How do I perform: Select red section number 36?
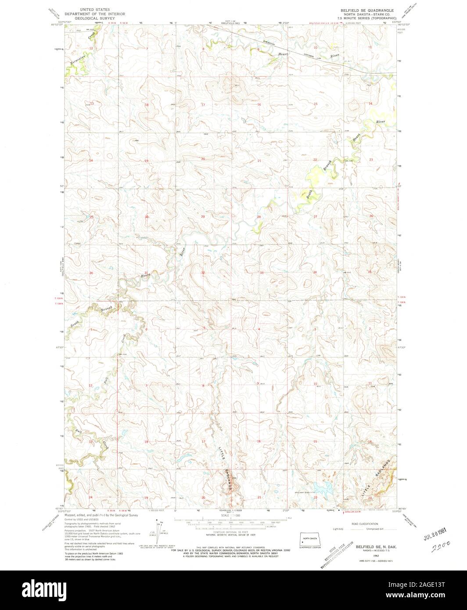(92, 273)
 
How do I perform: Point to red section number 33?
(261, 273)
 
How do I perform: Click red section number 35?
(370, 273)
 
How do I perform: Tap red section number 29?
(203, 217)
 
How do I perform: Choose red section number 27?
(315, 217)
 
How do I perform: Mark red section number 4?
(259, 329)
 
